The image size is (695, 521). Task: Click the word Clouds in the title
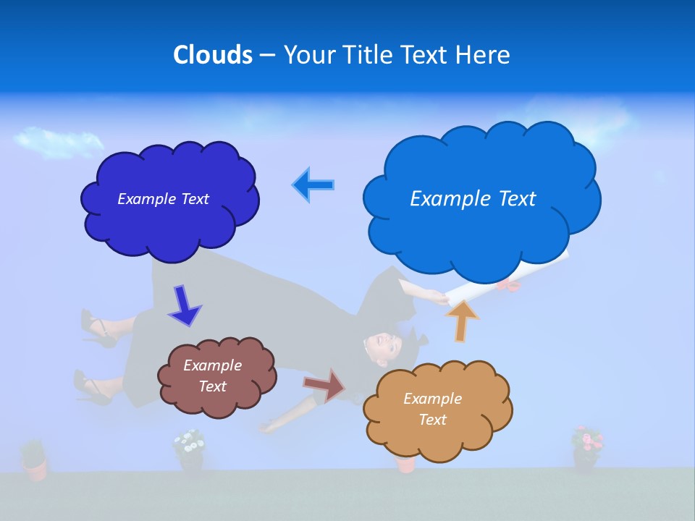212,55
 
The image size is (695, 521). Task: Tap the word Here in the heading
483,55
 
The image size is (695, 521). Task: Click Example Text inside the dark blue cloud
163,199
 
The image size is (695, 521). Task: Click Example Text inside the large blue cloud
473,199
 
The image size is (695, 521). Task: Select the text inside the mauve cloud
212,376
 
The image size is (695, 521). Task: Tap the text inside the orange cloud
432,409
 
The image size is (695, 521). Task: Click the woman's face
381,346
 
